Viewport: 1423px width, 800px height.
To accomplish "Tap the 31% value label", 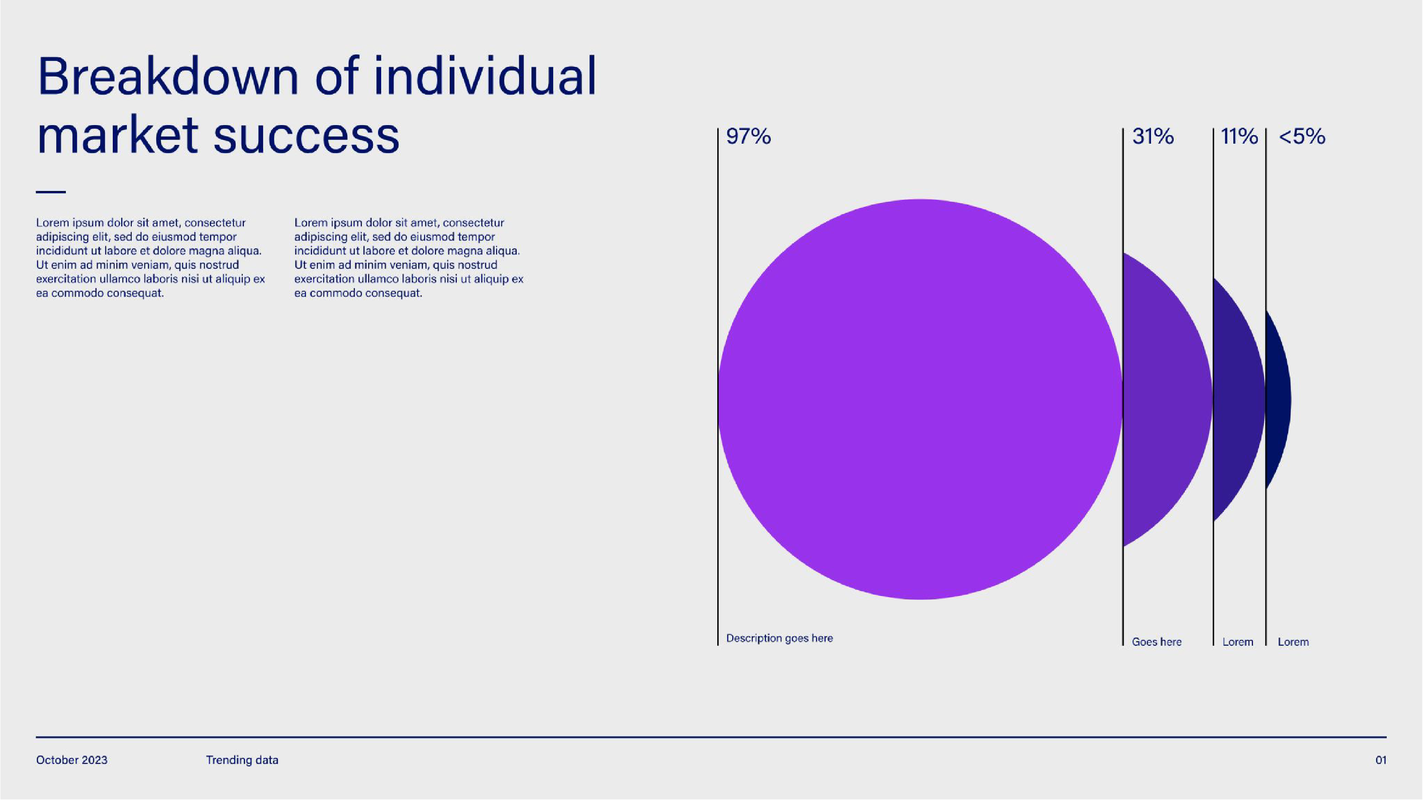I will pyautogui.click(x=1153, y=137).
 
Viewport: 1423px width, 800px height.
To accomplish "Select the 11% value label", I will pyautogui.click(x=1239, y=137).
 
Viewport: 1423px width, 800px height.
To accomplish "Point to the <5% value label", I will pyautogui.click(x=1301, y=137).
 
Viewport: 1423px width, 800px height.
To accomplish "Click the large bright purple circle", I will pyautogui.click(x=920, y=399).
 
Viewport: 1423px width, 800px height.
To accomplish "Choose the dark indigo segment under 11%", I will pyautogui.click(x=1237, y=399).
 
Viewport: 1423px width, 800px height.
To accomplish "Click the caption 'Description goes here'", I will pyautogui.click(x=779, y=638).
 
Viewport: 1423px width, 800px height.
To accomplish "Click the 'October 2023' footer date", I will pyautogui.click(x=72, y=760).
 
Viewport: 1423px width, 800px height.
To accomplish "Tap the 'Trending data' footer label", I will pyautogui.click(x=242, y=760).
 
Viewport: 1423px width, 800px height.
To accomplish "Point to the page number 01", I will pyautogui.click(x=1381, y=760).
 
